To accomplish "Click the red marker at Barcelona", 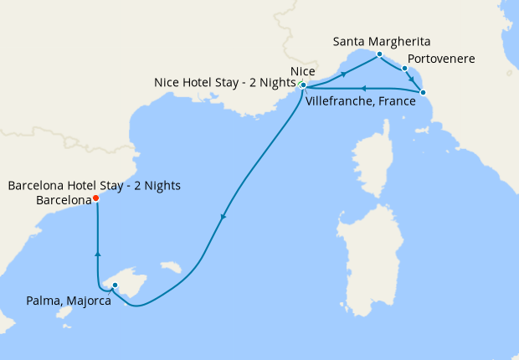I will coord(95,198).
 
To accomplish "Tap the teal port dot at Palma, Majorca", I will coord(115,286).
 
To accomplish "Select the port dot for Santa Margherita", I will coord(379,54).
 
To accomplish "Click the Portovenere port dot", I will coord(404,69).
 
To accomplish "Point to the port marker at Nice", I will coord(302,85).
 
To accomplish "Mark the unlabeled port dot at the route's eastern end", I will coord(422,92).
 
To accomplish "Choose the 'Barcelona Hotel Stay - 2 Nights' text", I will coord(94,185).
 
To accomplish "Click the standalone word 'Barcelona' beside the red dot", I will coord(64,201).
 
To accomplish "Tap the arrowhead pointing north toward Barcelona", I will coord(98,254).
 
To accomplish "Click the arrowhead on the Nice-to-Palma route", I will coord(223,218).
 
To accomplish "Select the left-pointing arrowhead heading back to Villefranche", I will coord(362,87).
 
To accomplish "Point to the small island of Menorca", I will coord(172,267).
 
